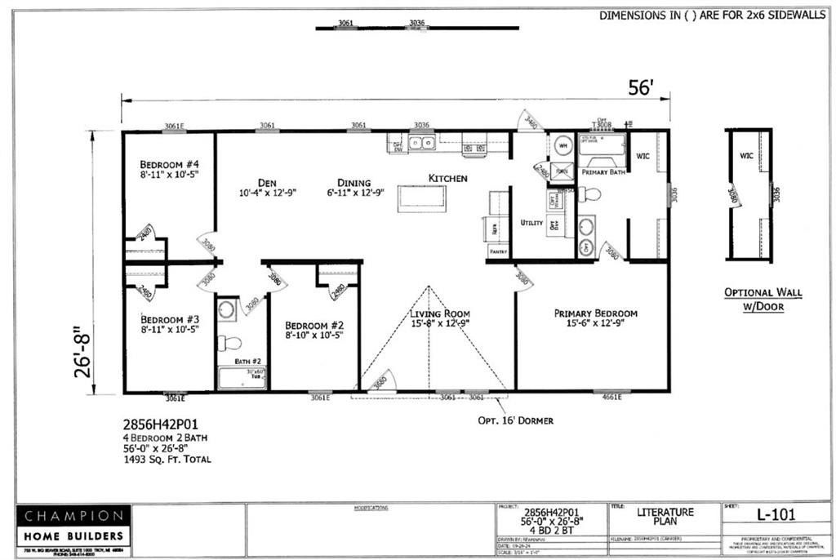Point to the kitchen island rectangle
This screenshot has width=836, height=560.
pos(422,198)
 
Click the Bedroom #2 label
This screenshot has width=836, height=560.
pos(313,328)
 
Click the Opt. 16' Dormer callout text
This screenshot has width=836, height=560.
pos(515,420)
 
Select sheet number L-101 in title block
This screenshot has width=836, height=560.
pos(776,514)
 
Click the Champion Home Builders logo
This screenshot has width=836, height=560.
pos(73,526)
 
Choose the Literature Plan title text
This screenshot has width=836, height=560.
pos(665,518)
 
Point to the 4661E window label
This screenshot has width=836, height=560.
pos(611,397)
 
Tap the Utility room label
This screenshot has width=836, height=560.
pos(531,223)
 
